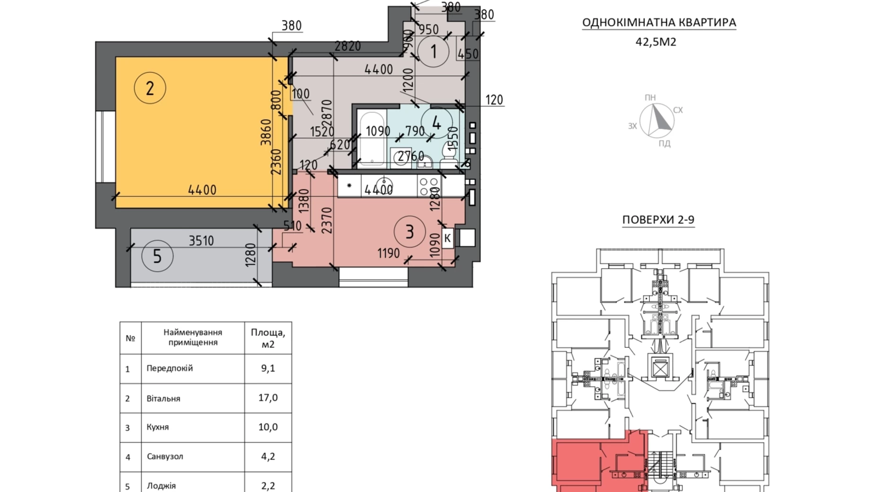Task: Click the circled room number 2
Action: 150,88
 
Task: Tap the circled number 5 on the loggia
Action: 157,256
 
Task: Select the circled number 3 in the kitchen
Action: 410,231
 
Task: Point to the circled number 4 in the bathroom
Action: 436,123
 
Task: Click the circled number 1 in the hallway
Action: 433,51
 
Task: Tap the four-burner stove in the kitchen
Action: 429,186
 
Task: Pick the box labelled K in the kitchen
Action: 447,238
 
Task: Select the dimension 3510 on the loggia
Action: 201,241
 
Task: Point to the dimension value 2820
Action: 348,46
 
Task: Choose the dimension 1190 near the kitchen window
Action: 389,254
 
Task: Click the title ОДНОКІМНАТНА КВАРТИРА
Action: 659,22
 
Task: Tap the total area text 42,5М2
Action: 656,42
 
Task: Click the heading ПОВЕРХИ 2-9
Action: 658,220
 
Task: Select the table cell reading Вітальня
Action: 163,398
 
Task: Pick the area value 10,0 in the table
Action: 268,427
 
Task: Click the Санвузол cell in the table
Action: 165,457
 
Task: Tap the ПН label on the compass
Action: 650,97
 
